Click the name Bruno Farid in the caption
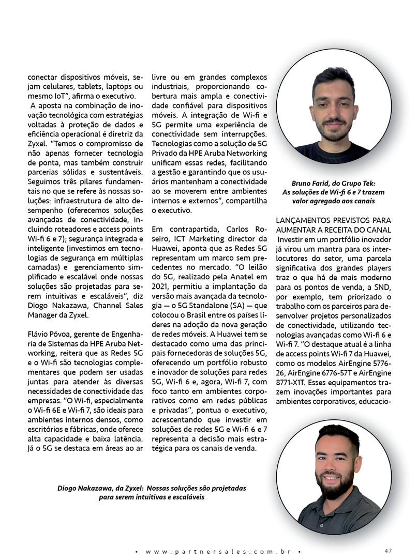tap(310, 184)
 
